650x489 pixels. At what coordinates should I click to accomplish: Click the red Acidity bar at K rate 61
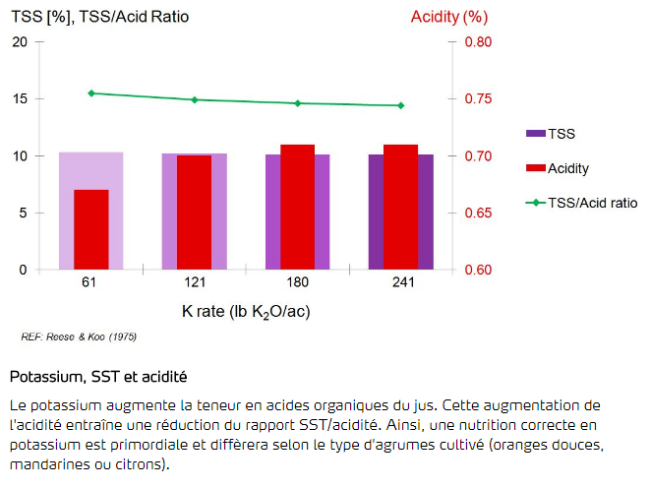click(x=91, y=229)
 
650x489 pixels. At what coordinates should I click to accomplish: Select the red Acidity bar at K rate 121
click(x=194, y=213)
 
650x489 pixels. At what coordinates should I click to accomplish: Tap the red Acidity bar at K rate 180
click(x=297, y=207)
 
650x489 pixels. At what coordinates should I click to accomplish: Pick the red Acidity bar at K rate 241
click(x=400, y=207)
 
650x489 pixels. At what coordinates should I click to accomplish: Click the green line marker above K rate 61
click(x=91, y=93)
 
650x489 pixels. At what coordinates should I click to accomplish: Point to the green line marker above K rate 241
click(x=400, y=105)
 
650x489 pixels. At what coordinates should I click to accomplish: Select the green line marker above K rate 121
click(x=194, y=99)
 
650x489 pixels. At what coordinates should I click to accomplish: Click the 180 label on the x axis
click(x=297, y=283)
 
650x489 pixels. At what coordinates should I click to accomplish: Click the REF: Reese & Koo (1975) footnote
click(x=79, y=337)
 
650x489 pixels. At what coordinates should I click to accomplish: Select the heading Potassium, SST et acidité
click(x=97, y=377)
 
